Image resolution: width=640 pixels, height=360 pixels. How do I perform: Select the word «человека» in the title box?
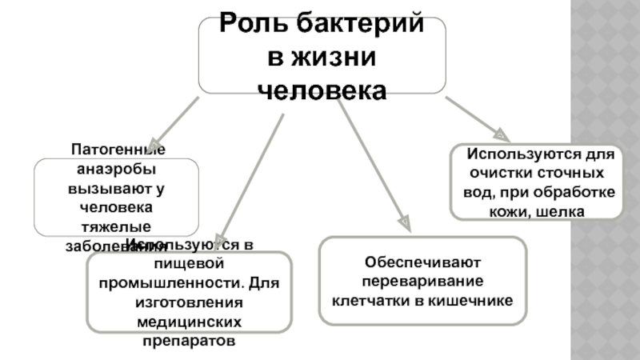click(322, 89)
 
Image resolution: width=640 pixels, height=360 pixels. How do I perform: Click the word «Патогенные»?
click(118, 150)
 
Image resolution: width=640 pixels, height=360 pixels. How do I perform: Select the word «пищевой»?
click(190, 265)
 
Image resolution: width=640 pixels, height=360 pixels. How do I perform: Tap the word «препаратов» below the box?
click(190, 340)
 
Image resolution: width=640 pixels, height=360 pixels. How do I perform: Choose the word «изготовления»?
click(190, 302)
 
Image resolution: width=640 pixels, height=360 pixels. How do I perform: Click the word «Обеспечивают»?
click(422, 262)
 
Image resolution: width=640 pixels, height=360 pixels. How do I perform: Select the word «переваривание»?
click(422, 282)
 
